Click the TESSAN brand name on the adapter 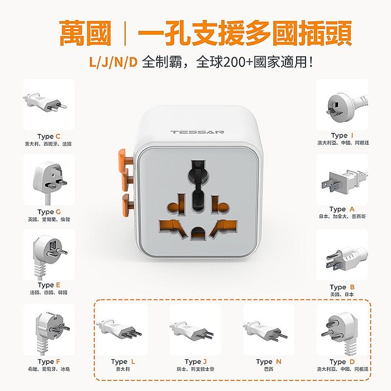tap(197, 132)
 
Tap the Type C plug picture tap(48, 104)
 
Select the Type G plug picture tap(49, 179)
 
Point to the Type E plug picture tap(49, 254)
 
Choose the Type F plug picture tap(49, 329)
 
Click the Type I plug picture tap(341, 104)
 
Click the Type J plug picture tap(195, 330)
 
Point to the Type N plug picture tap(268, 330)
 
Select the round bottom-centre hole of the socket tap(198, 233)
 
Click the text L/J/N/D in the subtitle tap(113, 61)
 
